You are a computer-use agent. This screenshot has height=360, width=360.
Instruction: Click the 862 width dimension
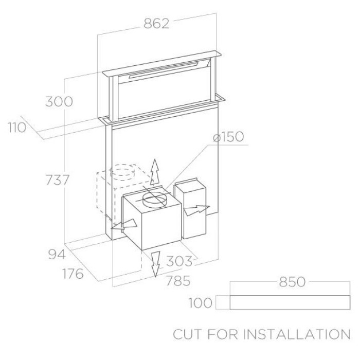(156, 24)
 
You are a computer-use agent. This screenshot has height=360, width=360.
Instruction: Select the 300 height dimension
(59, 101)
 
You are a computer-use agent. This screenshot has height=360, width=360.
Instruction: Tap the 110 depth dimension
(17, 128)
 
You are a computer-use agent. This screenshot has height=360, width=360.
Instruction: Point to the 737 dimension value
(58, 180)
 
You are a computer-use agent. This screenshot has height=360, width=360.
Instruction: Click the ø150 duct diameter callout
(228, 137)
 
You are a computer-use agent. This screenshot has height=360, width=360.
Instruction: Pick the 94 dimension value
(57, 254)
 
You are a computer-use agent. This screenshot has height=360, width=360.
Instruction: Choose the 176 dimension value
(73, 274)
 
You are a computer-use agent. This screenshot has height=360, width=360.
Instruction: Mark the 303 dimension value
(179, 261)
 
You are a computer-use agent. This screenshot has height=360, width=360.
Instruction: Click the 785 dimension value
(178, 281)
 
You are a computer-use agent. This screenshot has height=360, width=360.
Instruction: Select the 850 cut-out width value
(292, 282)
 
